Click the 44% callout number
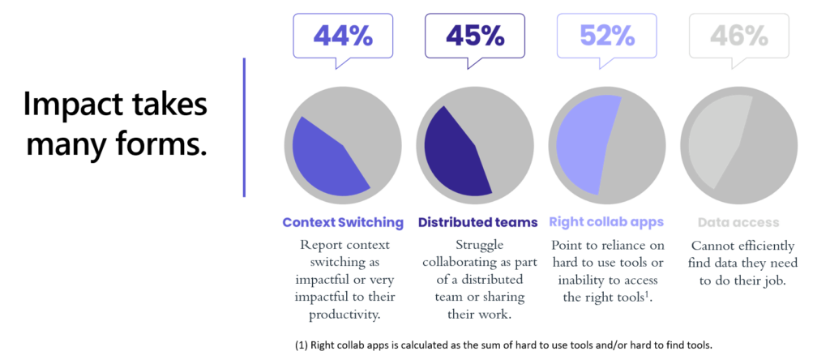coord(342,36)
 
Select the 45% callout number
coord(473,36)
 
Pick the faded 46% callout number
coord(738,36)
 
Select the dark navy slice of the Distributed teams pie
coord(454,154)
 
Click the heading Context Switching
coord(342,222)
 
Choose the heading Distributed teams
coord(477,222)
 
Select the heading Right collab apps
coord(606,222)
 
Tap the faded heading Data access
coord(738,222)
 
